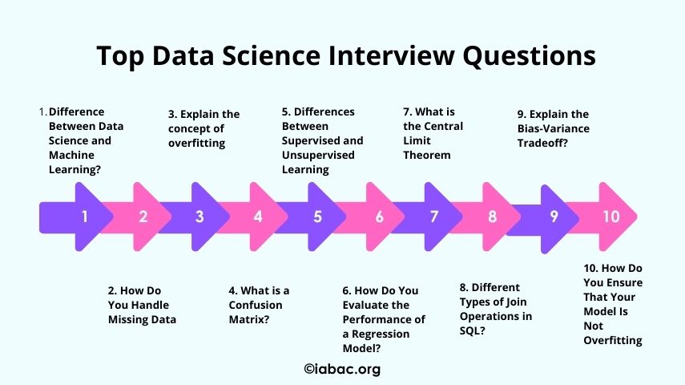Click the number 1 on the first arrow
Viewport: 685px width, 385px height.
85,217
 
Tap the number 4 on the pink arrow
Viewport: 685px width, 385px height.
258,217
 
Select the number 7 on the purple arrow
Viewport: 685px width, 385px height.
433,217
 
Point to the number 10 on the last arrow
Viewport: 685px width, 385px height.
611,217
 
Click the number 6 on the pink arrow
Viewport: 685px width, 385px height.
379,217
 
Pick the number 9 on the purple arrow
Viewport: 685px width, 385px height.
554,217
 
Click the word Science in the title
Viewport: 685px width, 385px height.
271,55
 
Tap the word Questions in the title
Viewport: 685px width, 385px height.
529,56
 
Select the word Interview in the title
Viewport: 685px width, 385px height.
392,55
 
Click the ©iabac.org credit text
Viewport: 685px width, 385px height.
342,369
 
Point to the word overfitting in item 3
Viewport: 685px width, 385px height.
196,144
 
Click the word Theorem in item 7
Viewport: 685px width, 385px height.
427,156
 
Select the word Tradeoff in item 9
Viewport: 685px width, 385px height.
541,143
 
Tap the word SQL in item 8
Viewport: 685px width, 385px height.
469,330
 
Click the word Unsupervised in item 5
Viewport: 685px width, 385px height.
318,156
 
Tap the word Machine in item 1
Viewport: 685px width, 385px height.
71,156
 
